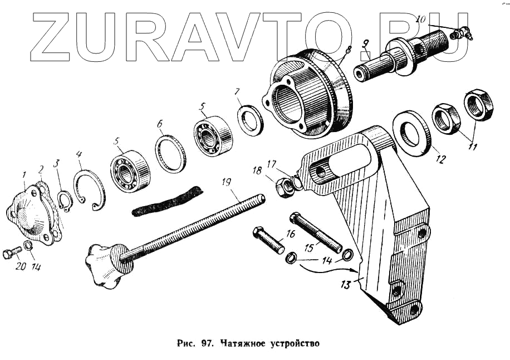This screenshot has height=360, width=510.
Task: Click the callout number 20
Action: pos(20,266)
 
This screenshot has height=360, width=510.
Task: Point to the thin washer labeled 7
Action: pos(250,120)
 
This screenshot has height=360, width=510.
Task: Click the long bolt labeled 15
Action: pos(315,231)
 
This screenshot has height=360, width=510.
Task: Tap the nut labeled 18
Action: pos(285,187)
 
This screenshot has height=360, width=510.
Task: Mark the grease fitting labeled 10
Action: pos(460,33)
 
